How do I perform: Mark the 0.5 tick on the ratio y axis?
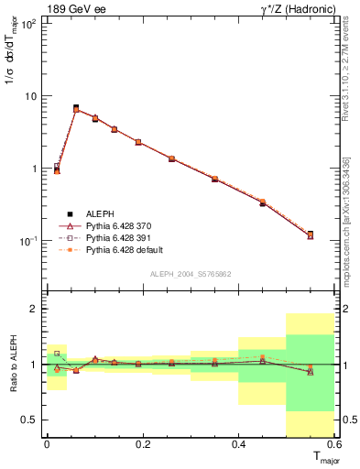(30, 420)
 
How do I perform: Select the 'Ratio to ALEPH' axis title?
(12, 364)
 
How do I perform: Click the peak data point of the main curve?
(76, 108)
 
